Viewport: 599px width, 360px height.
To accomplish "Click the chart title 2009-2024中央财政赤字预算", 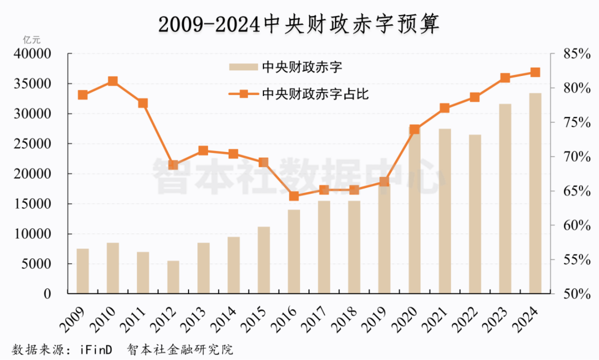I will coord(299,24).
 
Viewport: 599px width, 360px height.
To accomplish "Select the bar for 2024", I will coord(535,193).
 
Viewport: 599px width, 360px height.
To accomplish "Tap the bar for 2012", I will coord(173,277).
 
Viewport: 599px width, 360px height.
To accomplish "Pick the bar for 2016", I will coord(294,251).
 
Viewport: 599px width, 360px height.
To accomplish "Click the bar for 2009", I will coord(83,271).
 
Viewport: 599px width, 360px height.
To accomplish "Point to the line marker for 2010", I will coord(113,81).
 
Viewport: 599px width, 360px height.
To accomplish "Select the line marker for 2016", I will coord(294,196).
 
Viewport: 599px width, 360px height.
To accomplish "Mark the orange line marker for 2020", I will coord(414,130).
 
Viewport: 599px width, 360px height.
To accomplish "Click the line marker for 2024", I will coord(535,72).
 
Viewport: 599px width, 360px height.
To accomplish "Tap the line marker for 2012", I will coord(173,165).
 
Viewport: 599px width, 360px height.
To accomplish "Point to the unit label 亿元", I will coord(32,40).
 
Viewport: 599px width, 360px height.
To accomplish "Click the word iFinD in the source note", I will coord(95,350).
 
